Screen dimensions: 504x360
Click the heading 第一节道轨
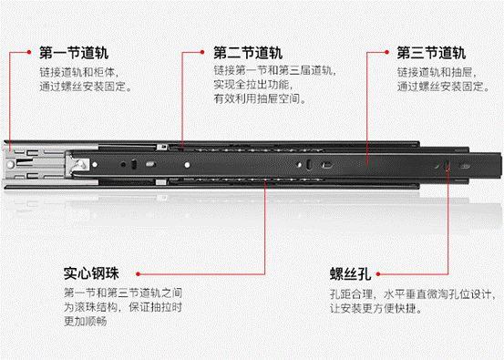click(x=74, y=53)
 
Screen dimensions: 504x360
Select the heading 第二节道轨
click(x=248, y=53)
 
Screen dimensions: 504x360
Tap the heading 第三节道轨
click(x=431, y=53)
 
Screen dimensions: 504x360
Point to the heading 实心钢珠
click(x=91, y=273)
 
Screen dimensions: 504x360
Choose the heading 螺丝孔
click(x=350, y=273)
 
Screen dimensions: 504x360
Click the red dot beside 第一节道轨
click(x=29, y=52)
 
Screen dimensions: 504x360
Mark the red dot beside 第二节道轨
click(x=202, y=52)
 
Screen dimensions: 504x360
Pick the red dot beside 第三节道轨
click(x=386, y=52)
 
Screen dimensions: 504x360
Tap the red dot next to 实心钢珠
click(x=138, y=273)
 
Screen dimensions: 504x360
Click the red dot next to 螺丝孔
click(x=378, y=273)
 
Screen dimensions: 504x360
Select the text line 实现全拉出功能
click(x=253, y=85)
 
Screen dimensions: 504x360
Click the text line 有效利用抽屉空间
click(x=260, y=98)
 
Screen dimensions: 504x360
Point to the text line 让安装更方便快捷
click(x=375, y=308)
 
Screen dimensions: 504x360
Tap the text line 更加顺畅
click(x=85, y=321)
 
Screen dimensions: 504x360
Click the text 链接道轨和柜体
click(x=78, y=72)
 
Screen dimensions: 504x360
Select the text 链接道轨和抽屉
click(x=437, y=72)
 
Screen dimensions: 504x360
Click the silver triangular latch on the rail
click(x=79, y=165)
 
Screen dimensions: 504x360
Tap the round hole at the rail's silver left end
click(x=11, y=165)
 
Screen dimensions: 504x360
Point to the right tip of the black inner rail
click(x=500, y=165)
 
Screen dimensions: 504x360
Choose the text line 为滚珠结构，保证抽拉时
click(x=123, y=307)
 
